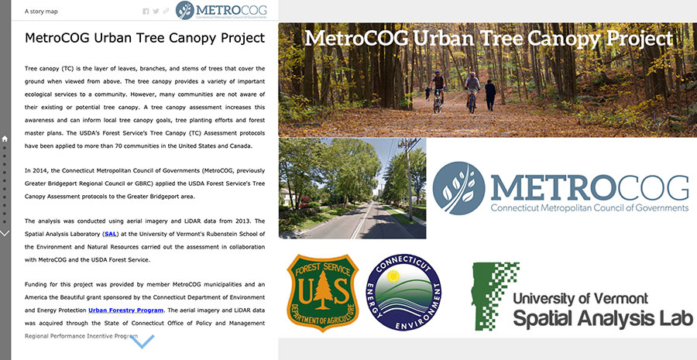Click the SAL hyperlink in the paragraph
click(x=110, y=233)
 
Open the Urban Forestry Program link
click(x=122, y=310)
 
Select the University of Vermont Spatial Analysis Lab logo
click(x=582, y=297)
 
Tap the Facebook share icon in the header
click(x=146, y=12)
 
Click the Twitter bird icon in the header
click(x=156, y=12)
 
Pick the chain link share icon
click(x=166, y=12)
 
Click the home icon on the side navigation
click(x=5, y=139)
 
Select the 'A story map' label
click(x=40, y=12)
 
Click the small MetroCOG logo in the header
click(x=221, y=11)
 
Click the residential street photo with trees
click(x=352, y=188)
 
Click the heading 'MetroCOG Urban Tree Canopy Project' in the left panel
click(x=145, y=38)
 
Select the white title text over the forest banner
click(x=488, y=39)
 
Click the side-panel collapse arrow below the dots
click(x=5, y=232)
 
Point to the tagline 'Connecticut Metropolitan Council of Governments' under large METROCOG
click(x=589, y=207)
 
